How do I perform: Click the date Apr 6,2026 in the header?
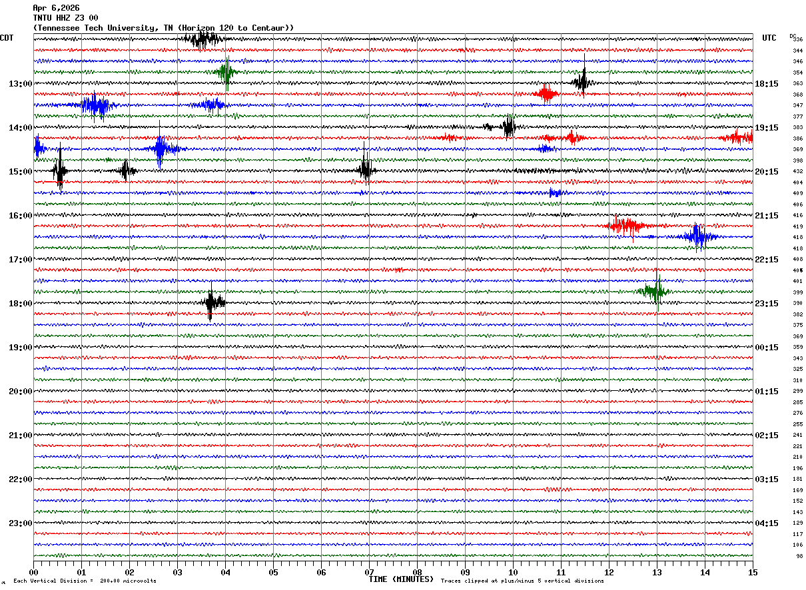(56, 8)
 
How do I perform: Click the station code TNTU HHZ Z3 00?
(65, 18)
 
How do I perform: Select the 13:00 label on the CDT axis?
(20, 84)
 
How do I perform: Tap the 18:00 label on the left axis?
(20, 304)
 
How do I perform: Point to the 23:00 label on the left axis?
(20, 523)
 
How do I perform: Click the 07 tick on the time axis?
(369, 572)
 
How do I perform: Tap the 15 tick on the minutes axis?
(752, 572)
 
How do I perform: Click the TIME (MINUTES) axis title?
(401, 579)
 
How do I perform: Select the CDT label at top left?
(7, 38)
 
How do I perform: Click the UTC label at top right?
(769, 38)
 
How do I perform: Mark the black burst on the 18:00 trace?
(212, 303)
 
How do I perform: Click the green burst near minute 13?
(655, 291)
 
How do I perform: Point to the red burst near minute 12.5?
(626, 226)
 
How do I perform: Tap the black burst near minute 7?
(365, 170)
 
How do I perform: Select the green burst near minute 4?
(226, 72)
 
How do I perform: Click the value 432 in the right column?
(797, 172)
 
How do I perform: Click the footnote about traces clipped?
(522, 581)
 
